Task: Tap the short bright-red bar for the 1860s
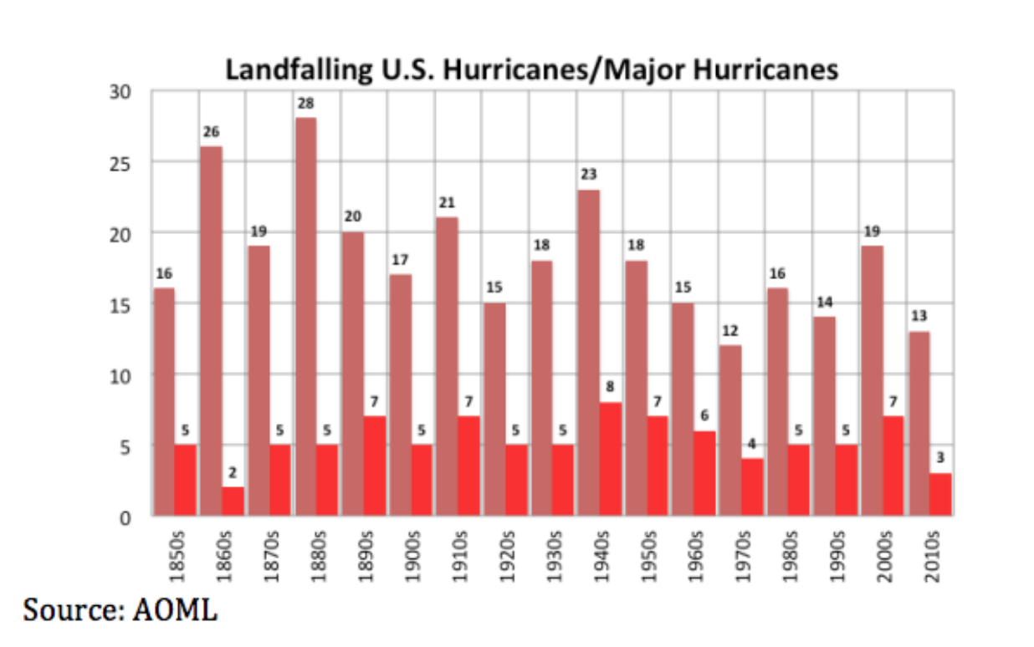233,501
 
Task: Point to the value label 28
305,104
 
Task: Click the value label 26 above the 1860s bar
211,132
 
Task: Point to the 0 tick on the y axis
125,517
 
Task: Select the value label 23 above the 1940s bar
589,175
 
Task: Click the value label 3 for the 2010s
941,459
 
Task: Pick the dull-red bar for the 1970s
730,430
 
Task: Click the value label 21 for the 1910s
447,203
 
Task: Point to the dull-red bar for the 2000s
872,380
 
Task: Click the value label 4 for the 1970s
752,444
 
